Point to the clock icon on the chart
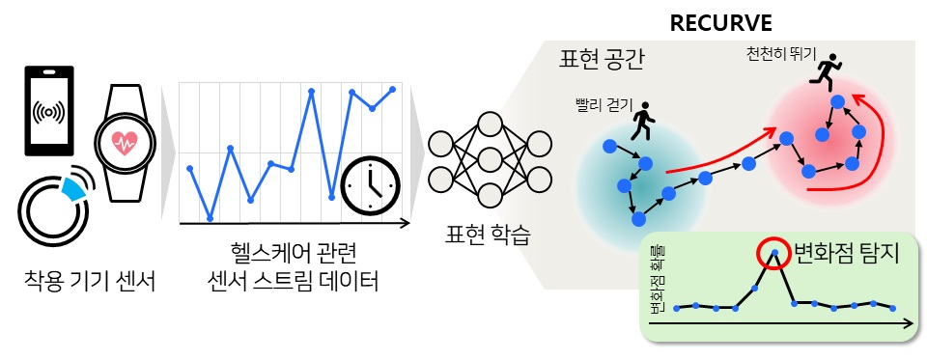[x=369, y=183]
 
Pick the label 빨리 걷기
[x=603, y=104]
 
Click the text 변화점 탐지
[x=845, y=254]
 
